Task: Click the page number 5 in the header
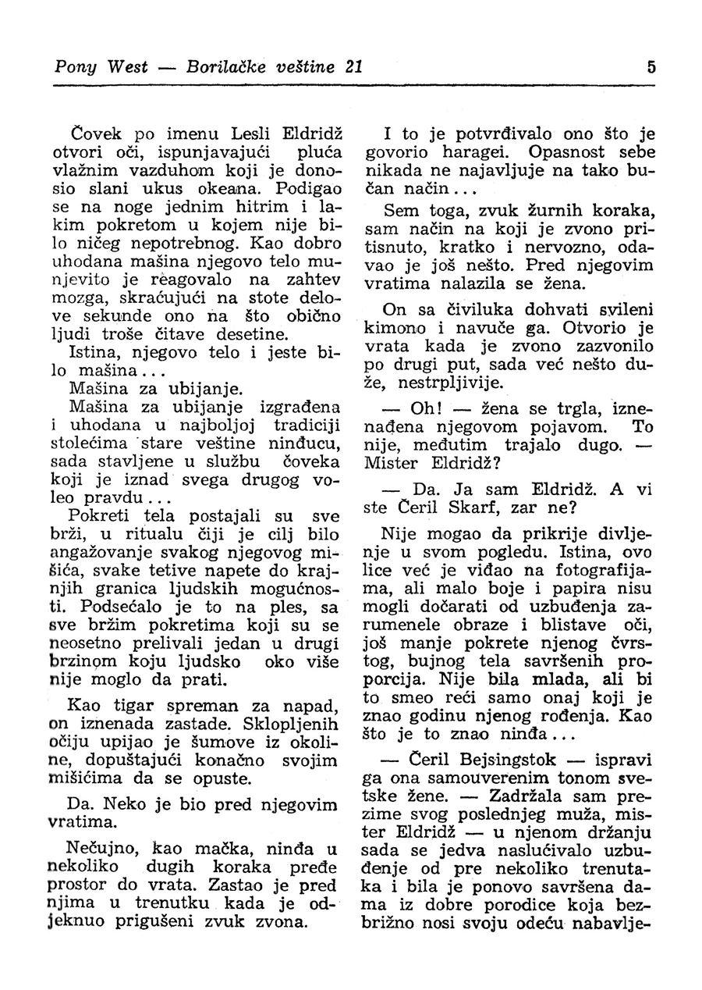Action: click(650, 67)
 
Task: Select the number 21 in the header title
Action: click(353, 67)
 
